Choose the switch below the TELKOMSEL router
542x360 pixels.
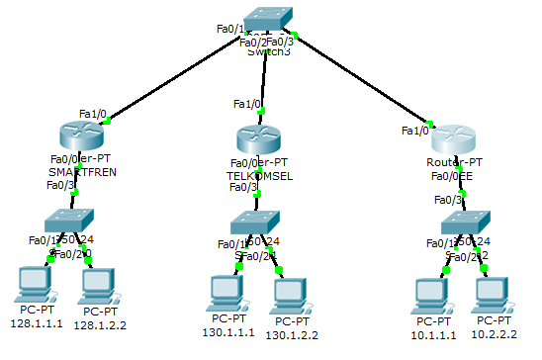pyautogui.click(x=255, y=223)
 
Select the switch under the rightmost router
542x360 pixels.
pyautogui.click(x=464, y=223)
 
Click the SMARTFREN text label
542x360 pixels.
pyautogui.click(x=82, y=171)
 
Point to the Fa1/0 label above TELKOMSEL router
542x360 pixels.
pyautogui.click(x=247, y=103)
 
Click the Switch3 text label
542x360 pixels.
pyautogui.click(x=269, y=51)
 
